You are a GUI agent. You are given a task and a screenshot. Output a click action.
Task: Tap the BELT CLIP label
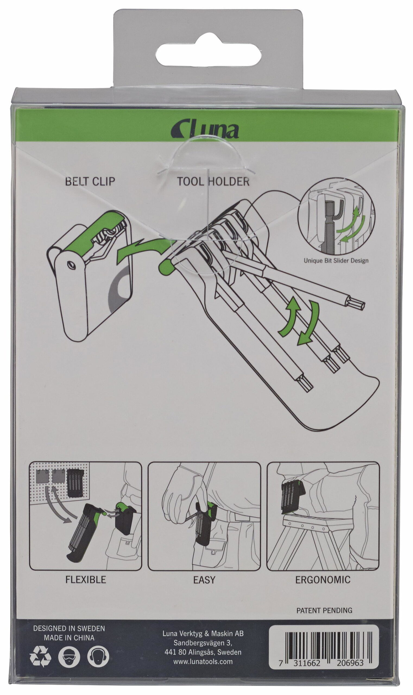point(90,181)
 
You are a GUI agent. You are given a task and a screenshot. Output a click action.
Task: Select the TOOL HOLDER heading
point(213,181)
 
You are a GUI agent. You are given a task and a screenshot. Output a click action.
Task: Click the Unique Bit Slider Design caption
point(336,261)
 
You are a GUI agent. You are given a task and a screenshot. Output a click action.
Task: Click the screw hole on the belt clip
point(71,265)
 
